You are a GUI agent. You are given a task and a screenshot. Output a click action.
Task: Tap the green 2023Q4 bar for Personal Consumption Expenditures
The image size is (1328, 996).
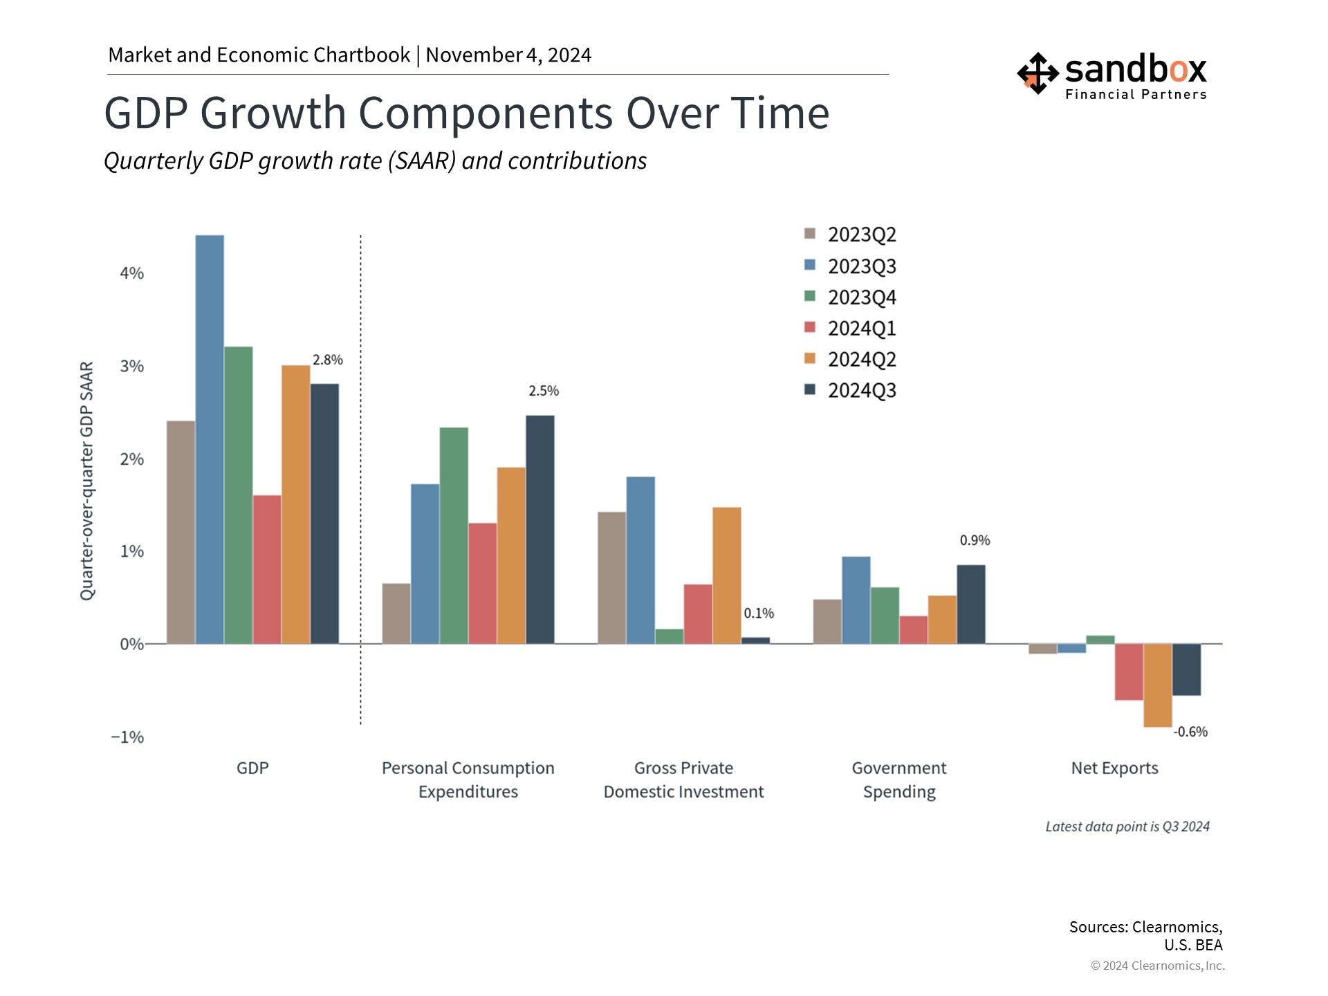coord(454,535)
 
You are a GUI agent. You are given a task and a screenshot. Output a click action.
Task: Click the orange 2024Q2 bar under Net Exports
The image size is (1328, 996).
coord(1158,685)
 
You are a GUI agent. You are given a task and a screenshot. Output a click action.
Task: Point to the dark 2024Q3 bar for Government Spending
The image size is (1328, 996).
coord(971,605)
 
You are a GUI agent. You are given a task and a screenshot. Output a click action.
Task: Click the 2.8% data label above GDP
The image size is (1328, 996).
coord(328,360)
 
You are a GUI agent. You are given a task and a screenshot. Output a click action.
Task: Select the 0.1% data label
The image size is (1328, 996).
coord(759,614)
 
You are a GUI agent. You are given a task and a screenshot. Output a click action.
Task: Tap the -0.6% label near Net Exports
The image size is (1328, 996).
coord(1190,732)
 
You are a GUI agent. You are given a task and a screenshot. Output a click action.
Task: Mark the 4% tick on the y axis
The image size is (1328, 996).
coord(131,273)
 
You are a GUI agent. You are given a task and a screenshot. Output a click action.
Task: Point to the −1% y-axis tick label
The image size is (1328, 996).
coord(127,737)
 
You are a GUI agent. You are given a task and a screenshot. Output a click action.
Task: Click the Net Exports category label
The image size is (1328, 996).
coord(1114,768)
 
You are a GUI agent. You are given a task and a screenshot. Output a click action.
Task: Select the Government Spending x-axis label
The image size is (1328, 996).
coord(899,780)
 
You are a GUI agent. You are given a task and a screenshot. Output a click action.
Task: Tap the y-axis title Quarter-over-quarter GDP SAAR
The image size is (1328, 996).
coord(86,481)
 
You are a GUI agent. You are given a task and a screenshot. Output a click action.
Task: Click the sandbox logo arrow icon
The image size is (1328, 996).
coord(1037,73)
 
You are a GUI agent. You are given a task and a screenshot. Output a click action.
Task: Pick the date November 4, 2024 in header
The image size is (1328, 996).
coord(508,55)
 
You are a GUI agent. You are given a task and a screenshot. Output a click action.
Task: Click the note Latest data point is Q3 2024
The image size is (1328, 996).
coord(1127,827)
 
